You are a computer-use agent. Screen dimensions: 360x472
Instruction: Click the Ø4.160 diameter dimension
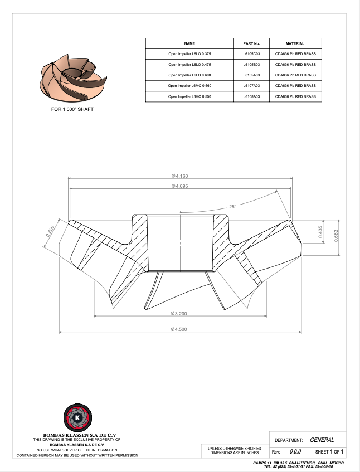(x=179, y=176)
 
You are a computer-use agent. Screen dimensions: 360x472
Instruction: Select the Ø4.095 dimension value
(x=179, y=186)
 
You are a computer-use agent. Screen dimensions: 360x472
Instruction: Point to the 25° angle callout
(x=232, y=207)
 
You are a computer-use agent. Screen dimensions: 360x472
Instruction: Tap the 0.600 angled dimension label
(x=50, y=231)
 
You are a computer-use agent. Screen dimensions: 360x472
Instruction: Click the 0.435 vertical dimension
(x=320, y=232)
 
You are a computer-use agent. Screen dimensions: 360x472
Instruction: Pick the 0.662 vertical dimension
(x=336, y=236)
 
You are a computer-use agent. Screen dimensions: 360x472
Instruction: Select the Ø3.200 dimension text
(x=179, y=314)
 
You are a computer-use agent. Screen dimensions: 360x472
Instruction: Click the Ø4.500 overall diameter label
(x=179, y=329)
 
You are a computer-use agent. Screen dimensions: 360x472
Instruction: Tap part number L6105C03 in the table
(x=251, y=54)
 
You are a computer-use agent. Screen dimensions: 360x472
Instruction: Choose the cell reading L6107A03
(x=251, y=86)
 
